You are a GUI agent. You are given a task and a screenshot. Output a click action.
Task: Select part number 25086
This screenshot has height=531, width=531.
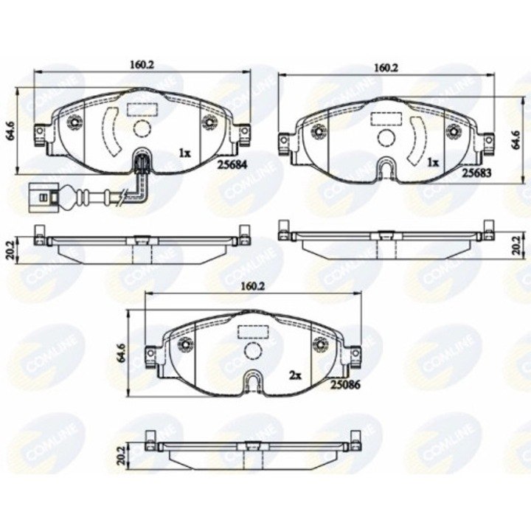coord(344,384)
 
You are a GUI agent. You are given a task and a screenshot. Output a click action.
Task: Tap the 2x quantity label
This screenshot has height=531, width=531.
coord(296,375)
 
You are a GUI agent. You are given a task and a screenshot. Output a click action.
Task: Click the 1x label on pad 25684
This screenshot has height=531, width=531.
coord(184,153)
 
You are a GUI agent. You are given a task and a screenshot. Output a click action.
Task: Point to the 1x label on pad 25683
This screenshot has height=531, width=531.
coord(433,162)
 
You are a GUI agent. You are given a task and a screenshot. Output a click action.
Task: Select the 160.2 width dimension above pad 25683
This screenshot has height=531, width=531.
coord(386,67)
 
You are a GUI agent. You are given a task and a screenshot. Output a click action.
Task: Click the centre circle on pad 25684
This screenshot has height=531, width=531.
coord(142,129)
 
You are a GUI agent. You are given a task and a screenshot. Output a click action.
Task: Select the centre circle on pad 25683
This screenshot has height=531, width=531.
coord(386,137)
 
